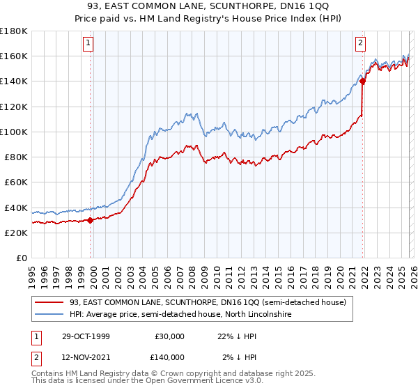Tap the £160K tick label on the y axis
[x=14, y=56]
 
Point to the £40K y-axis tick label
[x=16, y=208]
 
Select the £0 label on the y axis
[x=22, y=258]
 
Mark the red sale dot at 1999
[x=91, y=220]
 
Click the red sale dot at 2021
[x=362, y=81]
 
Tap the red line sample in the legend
[x=49, y=302]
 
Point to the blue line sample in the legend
[x=49, y=315]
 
